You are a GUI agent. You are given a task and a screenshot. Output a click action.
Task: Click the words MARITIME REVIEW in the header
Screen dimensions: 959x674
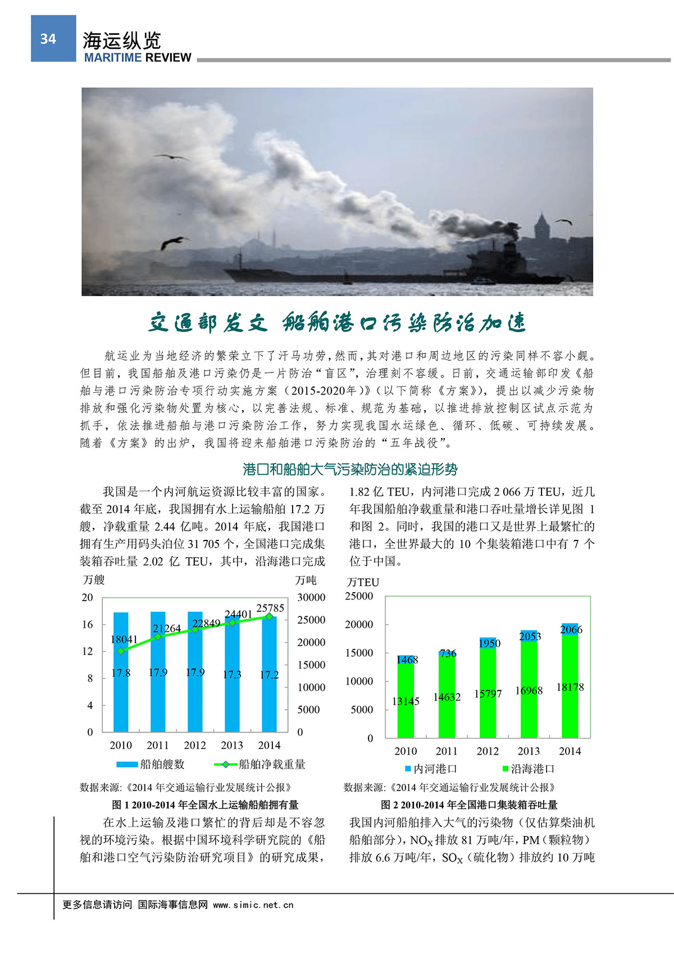138,57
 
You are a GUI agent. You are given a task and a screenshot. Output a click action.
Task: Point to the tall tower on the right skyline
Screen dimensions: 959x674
541,230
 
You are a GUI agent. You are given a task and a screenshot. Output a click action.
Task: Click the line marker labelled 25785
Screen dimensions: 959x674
269,616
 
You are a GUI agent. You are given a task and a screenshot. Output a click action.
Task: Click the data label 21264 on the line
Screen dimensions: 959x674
166,629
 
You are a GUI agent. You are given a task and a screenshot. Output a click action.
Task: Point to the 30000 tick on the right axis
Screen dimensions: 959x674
311,598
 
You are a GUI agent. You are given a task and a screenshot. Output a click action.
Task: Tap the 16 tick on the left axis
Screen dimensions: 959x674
88,625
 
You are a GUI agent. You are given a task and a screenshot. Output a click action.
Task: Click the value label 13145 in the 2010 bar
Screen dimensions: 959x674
406,701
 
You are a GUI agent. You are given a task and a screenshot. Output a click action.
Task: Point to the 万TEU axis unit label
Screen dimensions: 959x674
363,582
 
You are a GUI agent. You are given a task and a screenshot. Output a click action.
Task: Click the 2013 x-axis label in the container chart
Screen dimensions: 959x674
529,751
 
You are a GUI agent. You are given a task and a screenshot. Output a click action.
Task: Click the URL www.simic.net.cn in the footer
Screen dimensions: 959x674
253,905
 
